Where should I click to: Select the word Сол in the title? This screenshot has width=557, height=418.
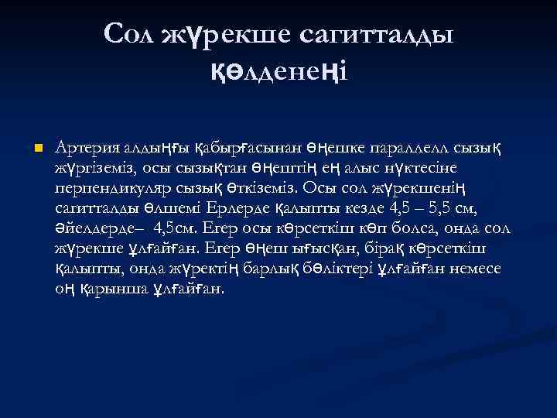pos(129,33)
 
